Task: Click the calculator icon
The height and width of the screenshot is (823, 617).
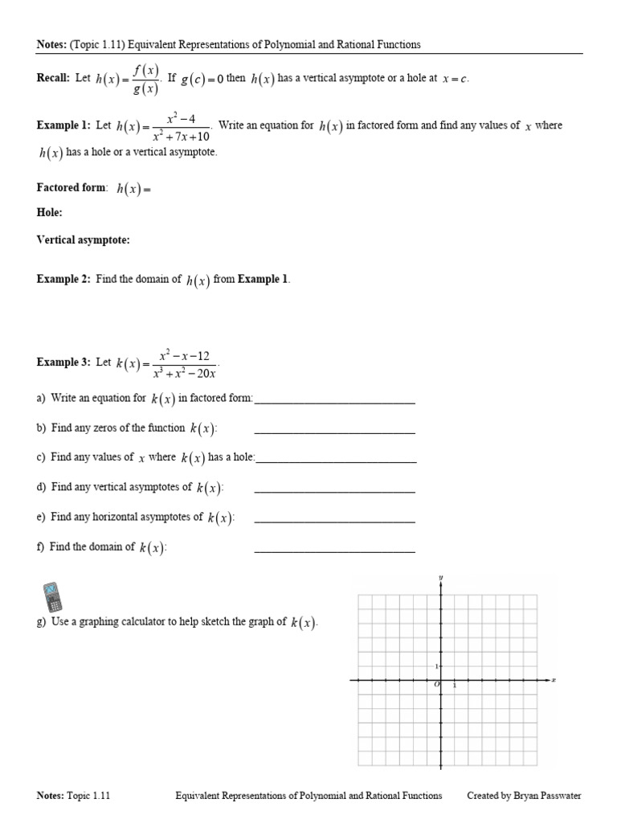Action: click(x=51, y=596)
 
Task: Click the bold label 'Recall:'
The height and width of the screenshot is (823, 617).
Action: click(x=53, y=79)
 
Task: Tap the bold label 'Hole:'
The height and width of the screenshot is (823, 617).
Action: click(x=49, y=212)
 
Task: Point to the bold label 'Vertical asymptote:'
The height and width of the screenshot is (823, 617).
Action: click(x=83, y=240)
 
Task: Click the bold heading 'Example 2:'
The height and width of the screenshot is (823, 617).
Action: click(x=63, y=280)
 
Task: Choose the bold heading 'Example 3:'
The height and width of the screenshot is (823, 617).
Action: click(x=63, y=362)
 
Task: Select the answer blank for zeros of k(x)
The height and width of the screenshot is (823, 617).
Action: click(x=334, y=432)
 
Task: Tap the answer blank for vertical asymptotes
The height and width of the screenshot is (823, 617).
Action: click(x=334, y=491)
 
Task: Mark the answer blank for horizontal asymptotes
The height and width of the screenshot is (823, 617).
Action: click(x=334, y=521)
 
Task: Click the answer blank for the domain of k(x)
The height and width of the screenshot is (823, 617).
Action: click(x=334, y=551)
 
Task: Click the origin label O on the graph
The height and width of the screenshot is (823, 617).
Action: click(x=436, y=685)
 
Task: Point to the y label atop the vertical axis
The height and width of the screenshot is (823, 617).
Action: click(x=441, y=578)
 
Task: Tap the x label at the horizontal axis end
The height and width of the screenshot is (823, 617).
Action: click(x=554, y=680)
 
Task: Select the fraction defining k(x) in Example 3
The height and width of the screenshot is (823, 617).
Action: click(x=188, y=363)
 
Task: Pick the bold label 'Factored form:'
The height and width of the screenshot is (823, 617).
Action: click(x=72, y=188)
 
